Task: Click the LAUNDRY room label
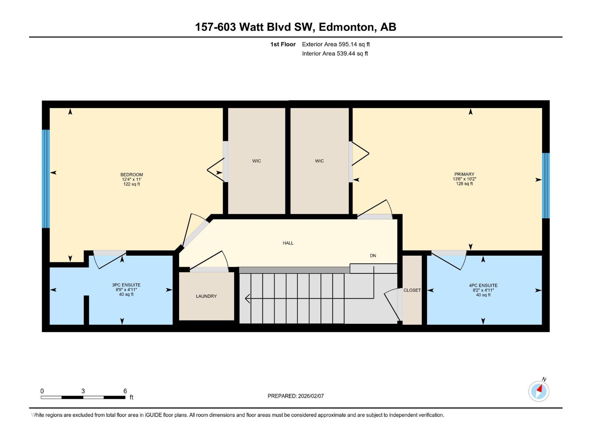[x=206, y=296]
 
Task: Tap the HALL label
[x=288, y=243]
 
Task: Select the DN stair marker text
[x=373, y=256]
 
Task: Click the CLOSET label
[x=412, y=290]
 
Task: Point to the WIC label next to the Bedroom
[x=256, y=161]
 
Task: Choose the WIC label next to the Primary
[x=319, y=161]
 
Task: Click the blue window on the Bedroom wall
[x=46, y=179]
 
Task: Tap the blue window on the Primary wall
[x=546, y=185]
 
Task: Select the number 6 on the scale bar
[x=125, y=391]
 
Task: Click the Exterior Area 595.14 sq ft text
[x=336, y=44]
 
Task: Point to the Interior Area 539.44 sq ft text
[x=335, y=54]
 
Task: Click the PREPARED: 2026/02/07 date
[x=296, y=396]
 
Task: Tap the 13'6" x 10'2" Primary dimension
[x=464, y=179]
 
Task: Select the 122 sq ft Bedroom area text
[x=132, y=184]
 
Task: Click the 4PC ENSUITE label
[x=483, y=285]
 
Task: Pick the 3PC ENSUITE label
[x=126, y=285]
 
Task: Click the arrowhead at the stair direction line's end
[x=247, y=298]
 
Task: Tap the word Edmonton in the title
[x=346, y=27]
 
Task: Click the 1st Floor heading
[x=283, y=44]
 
